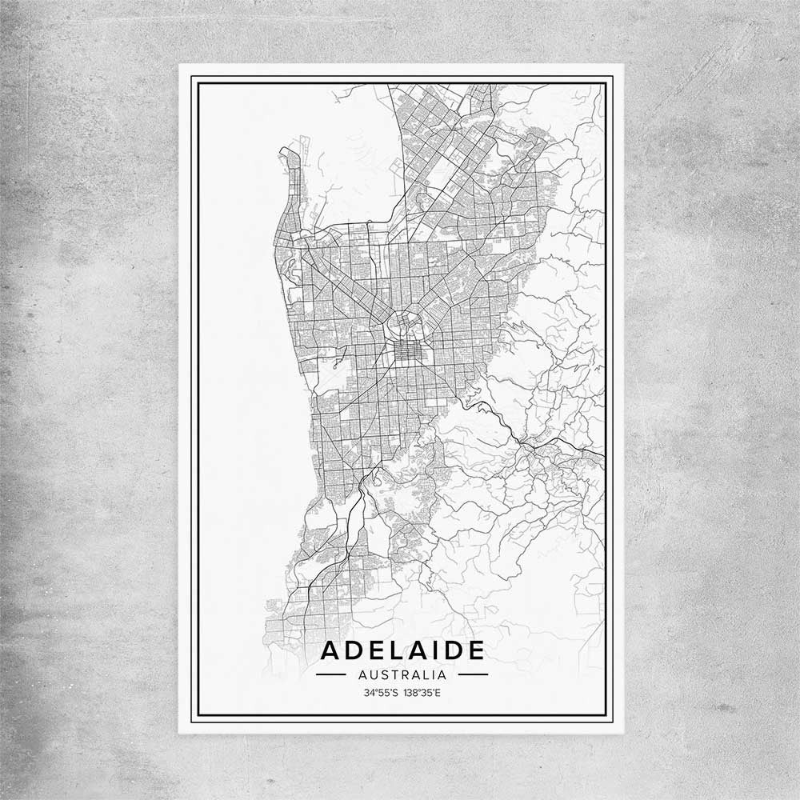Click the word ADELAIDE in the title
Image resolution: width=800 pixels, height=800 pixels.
point(402,650)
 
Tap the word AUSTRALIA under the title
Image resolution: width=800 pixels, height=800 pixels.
point(402,674)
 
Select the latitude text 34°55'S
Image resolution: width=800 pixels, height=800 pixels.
point(381,693)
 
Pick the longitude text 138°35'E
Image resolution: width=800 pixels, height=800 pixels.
point(422,693)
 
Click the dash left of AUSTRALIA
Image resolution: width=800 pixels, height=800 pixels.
point(330,674)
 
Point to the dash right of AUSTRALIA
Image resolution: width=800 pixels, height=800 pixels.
point(473,674)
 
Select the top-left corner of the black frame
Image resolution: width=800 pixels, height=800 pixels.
point(190,77)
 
